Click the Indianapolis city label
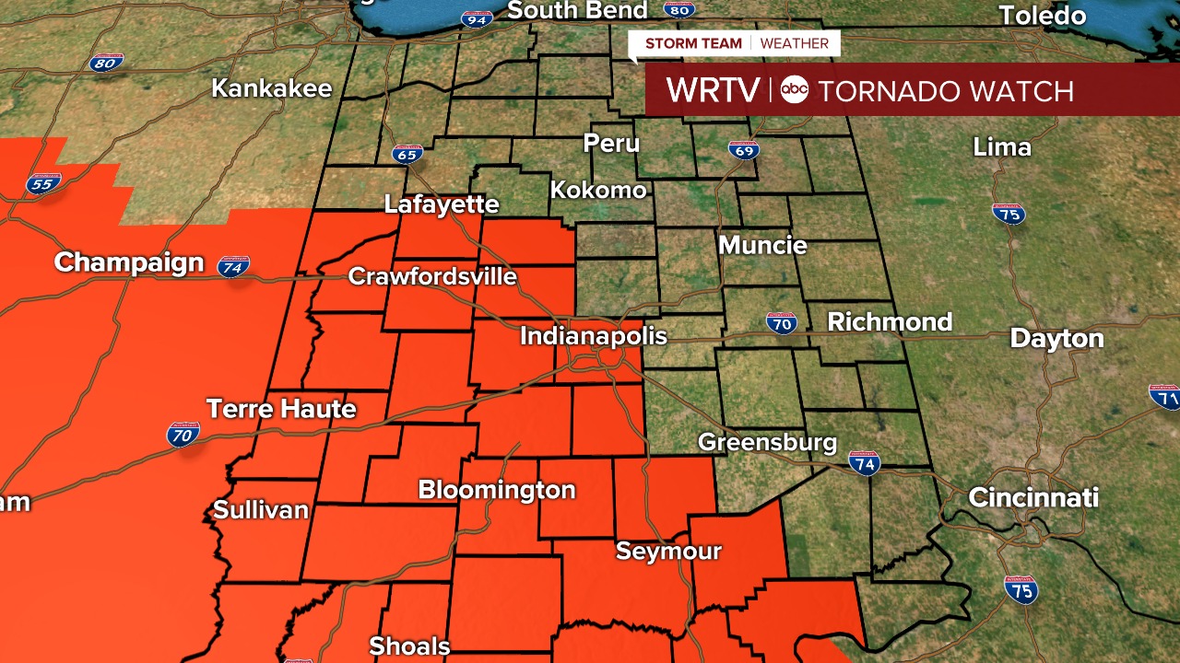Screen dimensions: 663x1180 point(593,336)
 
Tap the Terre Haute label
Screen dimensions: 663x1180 point(281,408)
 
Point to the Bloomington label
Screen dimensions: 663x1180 point(497,490)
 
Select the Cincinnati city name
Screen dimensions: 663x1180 point(1033,498)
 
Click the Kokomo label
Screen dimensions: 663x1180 point(598,191)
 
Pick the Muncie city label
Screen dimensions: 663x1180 point(762,246)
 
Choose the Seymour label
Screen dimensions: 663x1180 point(668,552)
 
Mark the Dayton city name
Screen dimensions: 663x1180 point(1056,339)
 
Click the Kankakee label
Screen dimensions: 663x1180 point(272,89)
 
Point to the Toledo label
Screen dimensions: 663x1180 point(1042,16)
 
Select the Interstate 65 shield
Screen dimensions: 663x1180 point(407,154)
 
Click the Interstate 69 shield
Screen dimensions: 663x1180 point(743,149)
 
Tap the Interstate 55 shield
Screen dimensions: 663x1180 point(42,184)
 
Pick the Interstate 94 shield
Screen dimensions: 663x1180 point(477,17)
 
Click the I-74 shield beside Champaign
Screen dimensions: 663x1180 point(233,267)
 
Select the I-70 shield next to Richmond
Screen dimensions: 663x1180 point(781,323)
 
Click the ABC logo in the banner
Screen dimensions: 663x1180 point(794,90)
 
